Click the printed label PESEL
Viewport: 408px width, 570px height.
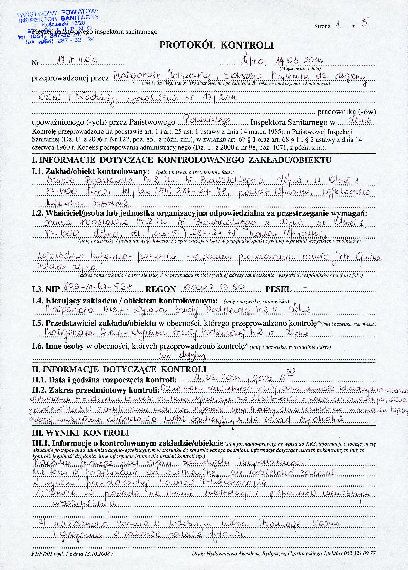(278, 289)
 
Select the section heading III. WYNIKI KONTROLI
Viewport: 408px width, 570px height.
(80, 433)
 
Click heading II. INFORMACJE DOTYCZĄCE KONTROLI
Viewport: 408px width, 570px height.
(119, 370)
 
